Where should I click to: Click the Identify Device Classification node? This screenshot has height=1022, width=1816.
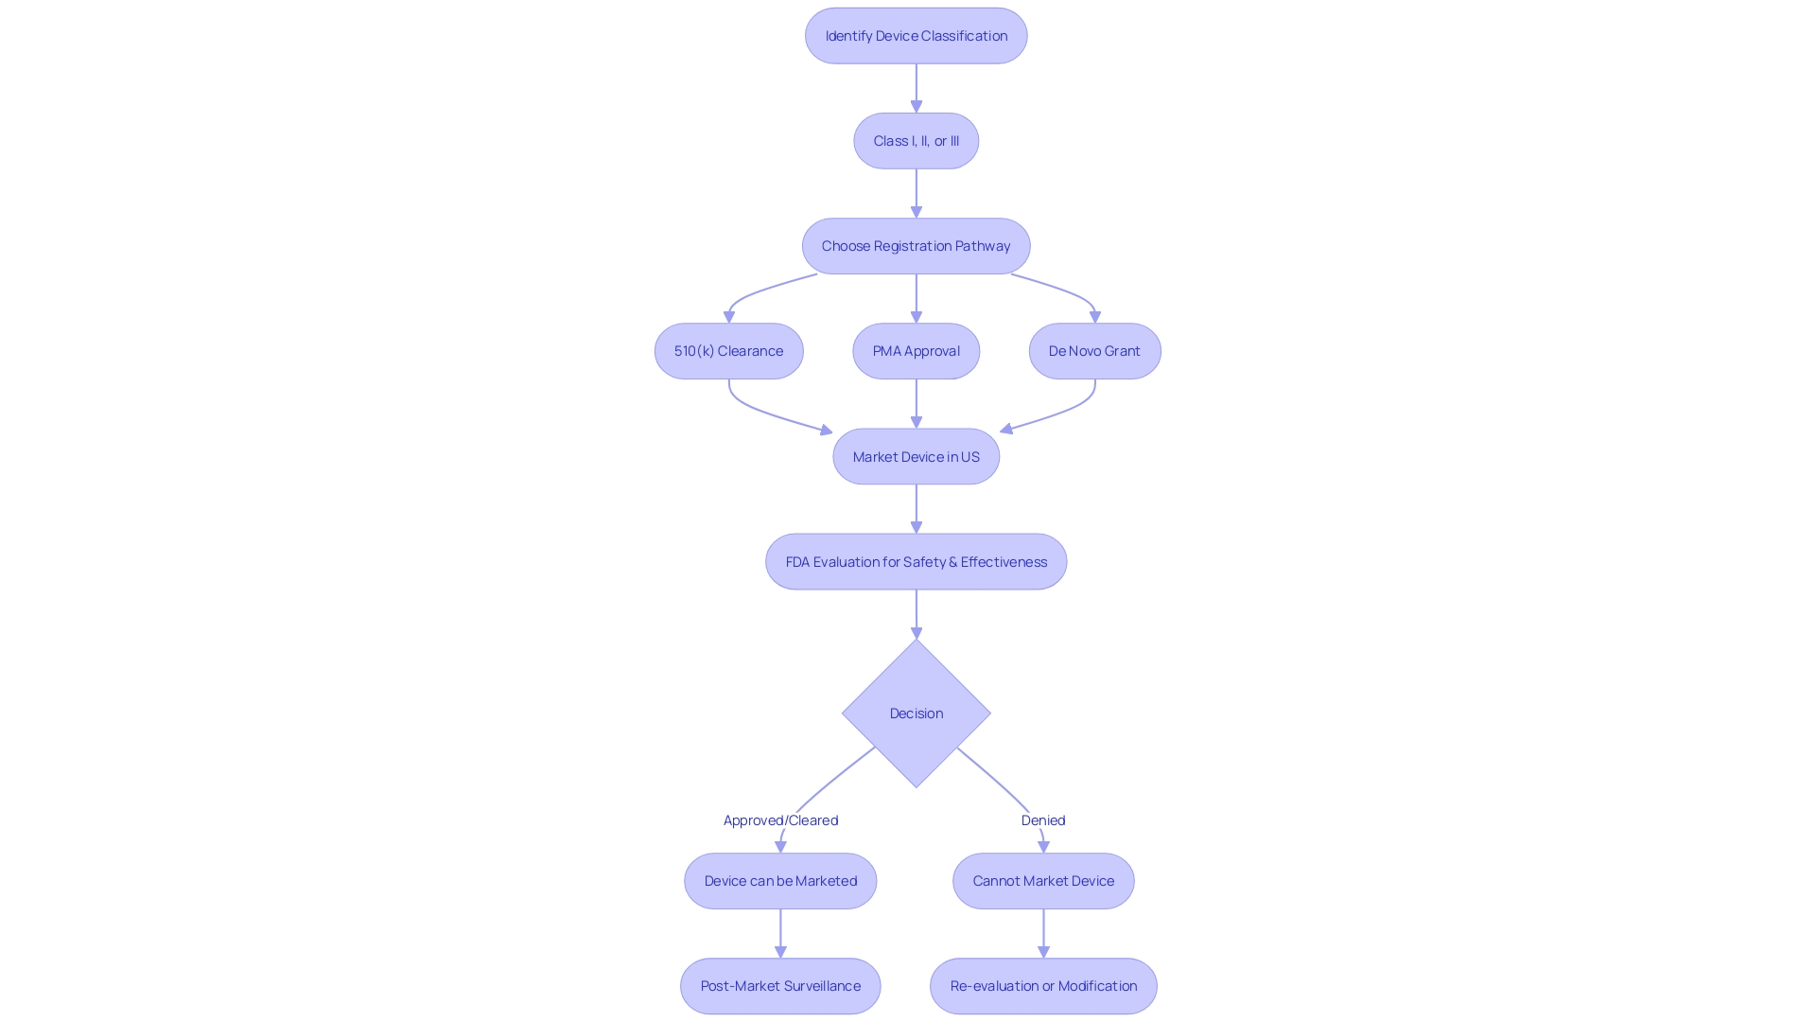pyautogui.click(x=916, y=36)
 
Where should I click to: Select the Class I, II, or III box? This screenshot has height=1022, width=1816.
pyautogui.click(x=916, y=141)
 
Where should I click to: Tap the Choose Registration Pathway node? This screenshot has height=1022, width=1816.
pyautogui.click(x=916, y=246)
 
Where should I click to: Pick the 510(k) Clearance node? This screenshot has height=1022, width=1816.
pyautogui.click(x=728, y=351)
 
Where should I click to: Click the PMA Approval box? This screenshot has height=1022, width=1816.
pyautogui.click(x=916, y=351)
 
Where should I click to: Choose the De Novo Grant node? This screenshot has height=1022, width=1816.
pyautogui.click(x=1094, y=351)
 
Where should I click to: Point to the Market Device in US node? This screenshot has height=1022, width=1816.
pyautogui.click(x=916, y=456)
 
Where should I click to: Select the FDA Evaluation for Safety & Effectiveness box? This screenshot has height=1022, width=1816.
pyautogui.click(x=916, y=561)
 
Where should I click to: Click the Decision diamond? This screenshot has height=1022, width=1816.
pyautogui.click(x=916, y=714)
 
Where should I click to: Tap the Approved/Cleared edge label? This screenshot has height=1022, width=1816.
pyautogui.click(x=780, y=820)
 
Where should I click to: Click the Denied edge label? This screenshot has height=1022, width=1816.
pyautogui.click(x=1043, y=820)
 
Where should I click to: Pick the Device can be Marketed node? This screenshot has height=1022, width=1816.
pyautogui.click(x=780, y=881)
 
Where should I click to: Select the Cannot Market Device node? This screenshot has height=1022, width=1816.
pyautogui.click(x=1043, y=881)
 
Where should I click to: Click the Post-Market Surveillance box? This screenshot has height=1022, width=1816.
pyautogui.click(x=780, y=986)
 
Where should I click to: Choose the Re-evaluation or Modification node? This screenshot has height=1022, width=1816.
pyautogui.click(x=1043, y=986)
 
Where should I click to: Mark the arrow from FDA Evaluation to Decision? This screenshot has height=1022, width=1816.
pyautogui.click(x=916, y=613)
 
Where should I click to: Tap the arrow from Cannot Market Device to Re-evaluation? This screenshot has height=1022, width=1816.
pyautogui.click(x=1043, y=933)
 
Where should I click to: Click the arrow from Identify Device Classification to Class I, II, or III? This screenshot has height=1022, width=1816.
pyautogui.click(x=916, y=88)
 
